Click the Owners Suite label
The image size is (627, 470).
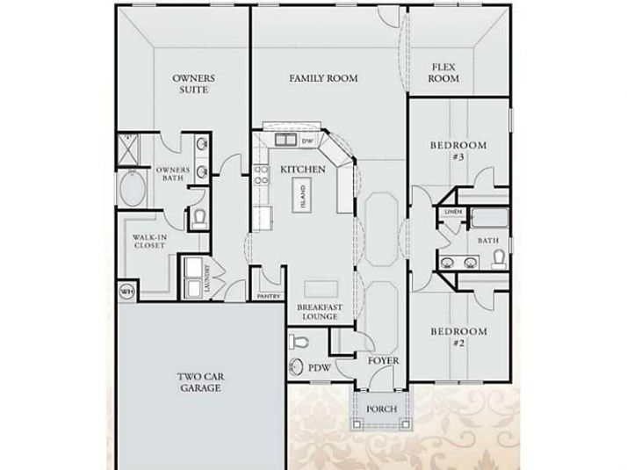194,84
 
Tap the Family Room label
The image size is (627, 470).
323,78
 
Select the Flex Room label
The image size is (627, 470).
443,72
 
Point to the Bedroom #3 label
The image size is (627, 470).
458,150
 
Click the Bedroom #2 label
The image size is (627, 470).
458,336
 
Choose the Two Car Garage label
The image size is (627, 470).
200,381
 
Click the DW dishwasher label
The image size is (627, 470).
307,141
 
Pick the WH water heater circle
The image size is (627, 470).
126,291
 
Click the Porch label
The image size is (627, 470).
381,409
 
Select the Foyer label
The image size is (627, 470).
384,360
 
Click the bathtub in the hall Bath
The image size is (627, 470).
488,217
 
